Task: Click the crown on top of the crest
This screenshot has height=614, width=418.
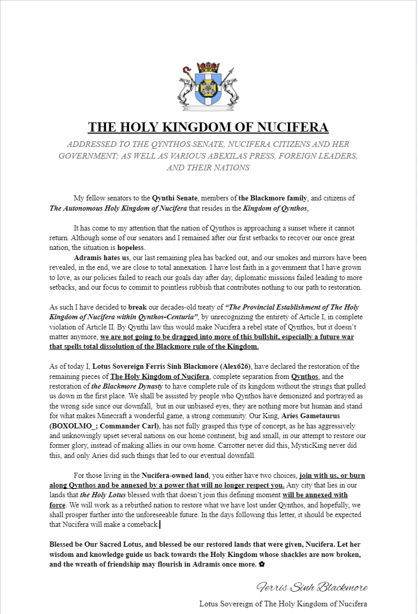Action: [x=208, y=67]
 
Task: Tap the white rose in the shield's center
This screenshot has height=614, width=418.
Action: [x=208, y=89]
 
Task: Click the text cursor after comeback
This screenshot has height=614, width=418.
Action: [x=160, y=525]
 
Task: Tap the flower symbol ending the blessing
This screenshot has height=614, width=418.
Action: [x=262, y=565]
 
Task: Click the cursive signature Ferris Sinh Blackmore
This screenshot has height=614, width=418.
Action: [x=312, y=587]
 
